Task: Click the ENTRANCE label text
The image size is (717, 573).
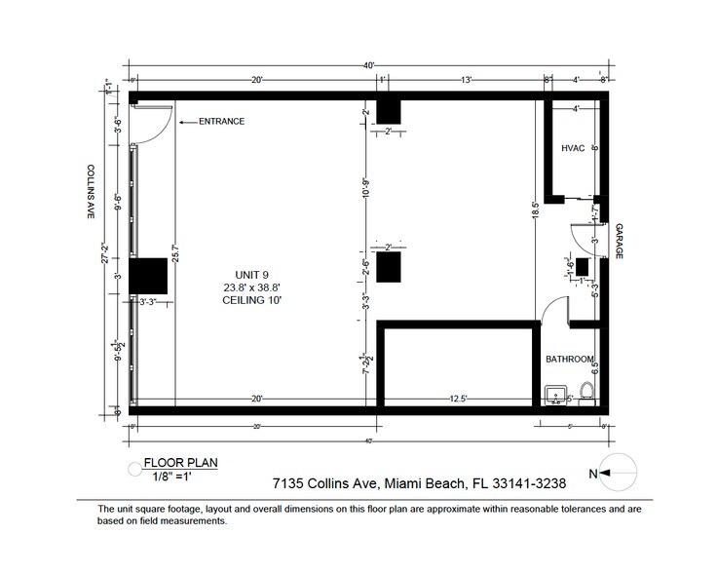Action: (221, 122)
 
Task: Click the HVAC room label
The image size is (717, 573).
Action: (572, 149)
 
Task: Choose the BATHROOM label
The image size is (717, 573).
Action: (569, 360)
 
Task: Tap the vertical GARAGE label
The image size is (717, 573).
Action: (618, 241)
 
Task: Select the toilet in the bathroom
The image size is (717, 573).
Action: (586, 394)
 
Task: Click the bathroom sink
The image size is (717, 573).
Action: (555, 395)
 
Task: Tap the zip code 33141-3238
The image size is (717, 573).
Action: (535, 481)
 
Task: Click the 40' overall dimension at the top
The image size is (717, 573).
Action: (370, 65)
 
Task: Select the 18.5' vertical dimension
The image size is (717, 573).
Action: (534, 208)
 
